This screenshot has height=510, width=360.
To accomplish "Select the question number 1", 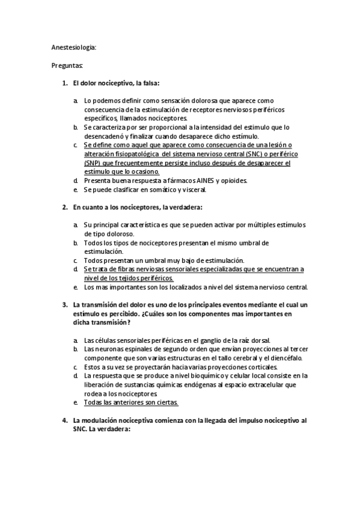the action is coord(64,82).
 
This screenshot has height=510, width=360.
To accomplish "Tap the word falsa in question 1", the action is coord(149,82).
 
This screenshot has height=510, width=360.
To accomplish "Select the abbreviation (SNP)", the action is coord(93,163).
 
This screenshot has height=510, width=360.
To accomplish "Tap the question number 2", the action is coord(64,207).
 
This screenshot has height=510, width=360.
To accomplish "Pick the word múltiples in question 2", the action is coord(264,225).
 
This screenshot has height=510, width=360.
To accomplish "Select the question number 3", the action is coord(64,305).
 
